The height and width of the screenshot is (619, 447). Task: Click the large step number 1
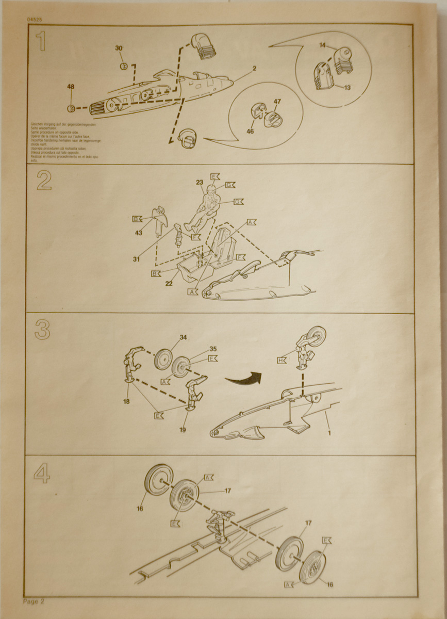point(41,41)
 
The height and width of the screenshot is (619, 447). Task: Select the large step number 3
point(42,330)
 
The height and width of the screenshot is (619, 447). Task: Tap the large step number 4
point(42,474)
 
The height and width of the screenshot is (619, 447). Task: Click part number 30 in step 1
point(119,48)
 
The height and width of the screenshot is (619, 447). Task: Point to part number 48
point(71,87)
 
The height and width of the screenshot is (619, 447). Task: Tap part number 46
point(251,132)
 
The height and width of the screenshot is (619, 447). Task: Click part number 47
point(277,102)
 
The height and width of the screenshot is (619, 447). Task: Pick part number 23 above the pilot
point(200,182)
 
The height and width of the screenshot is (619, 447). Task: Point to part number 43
point(139,234)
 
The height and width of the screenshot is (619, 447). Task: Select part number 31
point(136,259)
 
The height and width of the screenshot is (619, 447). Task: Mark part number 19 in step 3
point(183,429)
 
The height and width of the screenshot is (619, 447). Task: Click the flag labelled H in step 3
point(282,361)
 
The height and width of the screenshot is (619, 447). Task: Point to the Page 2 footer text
point(34,601)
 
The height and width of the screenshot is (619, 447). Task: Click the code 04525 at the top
point(35,20)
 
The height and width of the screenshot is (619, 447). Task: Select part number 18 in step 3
point(126,401)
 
